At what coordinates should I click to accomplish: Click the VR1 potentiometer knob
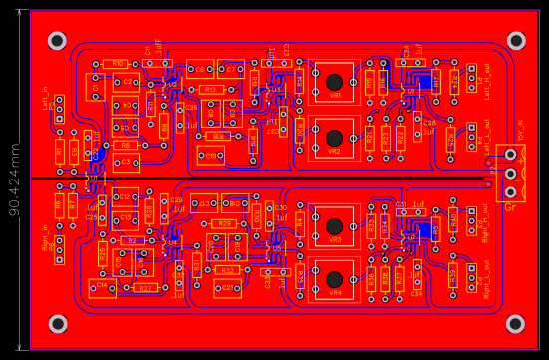(x=335, y=81)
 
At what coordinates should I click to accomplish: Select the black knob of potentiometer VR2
(x=335, y=137)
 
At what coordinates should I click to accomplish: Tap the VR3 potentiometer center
(x=335, y=225)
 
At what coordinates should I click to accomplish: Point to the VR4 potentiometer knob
(x=335, y=279)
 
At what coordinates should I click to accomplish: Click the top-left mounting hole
(x=58, y=41)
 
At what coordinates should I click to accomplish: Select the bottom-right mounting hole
(x=515, y=323)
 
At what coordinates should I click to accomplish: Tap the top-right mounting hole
(x=516, y=41)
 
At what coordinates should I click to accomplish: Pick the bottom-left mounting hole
(x=58, y=323)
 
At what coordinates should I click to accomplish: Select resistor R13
(x=210, y=90)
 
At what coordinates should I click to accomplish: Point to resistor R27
(x=145, y=288)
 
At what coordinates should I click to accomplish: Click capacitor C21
(x=228, y=289)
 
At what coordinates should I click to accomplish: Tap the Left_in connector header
(x=59, y=109)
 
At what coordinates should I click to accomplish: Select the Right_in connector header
(x=59, y=248)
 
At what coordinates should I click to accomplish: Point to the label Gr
(x=510, y=207)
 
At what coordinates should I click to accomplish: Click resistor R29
(x=225, y=223)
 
